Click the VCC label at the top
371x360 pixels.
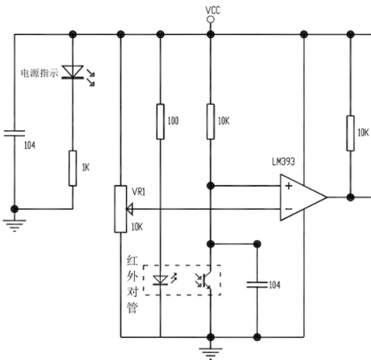click(213, 10)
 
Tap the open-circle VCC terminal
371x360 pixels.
click(211, 20)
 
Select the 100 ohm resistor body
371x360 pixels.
click(161, 122)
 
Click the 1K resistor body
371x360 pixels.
click(73, 168)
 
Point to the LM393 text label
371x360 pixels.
click(284, 162)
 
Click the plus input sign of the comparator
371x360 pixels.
click(289, 186)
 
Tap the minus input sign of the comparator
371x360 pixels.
click(289, 209)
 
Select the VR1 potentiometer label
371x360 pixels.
click(138, 192)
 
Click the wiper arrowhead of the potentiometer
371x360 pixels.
click(130, 209)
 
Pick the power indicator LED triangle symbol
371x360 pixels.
click(73, 72)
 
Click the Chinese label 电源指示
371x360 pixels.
click(40, 73)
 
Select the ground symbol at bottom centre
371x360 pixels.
click(211, 353)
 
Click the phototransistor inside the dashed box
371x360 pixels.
click(205, 280)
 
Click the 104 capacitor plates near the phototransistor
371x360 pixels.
click(257, 285)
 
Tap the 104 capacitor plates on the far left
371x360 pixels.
click(15, 133)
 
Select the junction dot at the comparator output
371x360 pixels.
click(350, 197)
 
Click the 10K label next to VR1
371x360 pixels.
click(137, 227)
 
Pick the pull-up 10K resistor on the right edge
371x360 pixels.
click(350, 133)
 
